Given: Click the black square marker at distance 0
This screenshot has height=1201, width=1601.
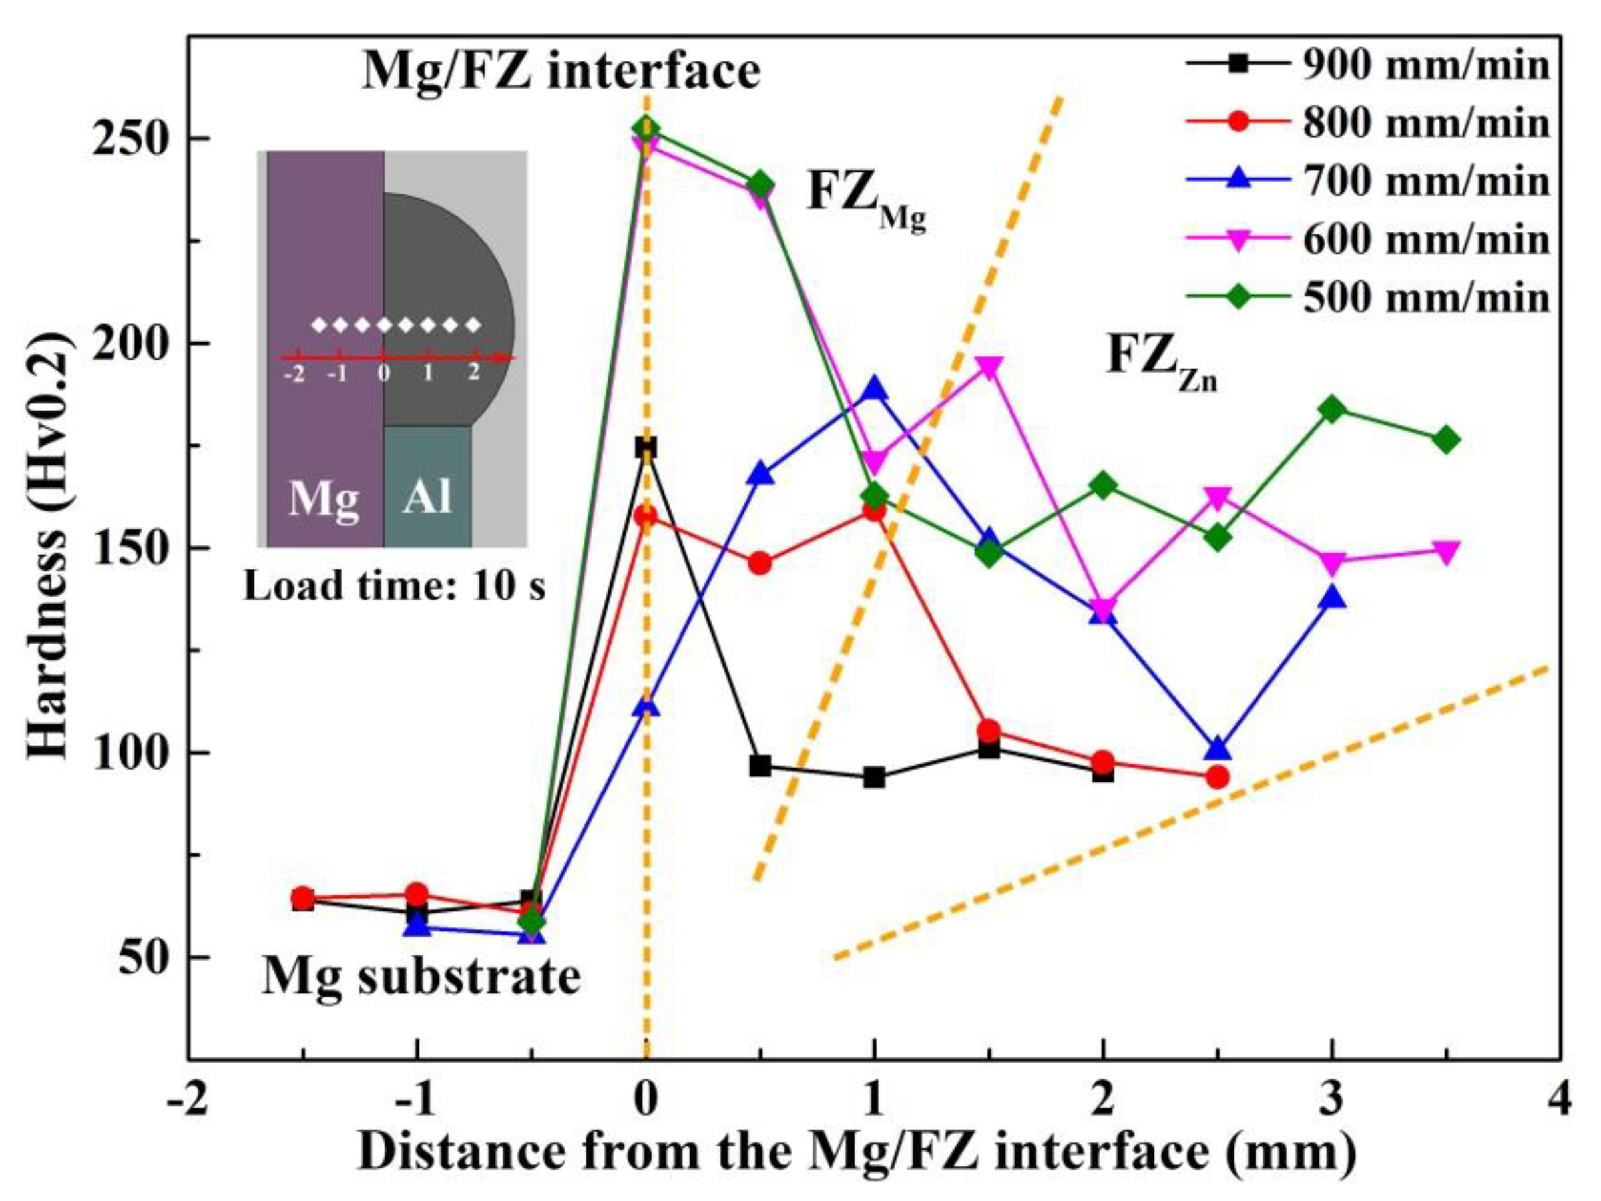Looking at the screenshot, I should click(x=646, y=447).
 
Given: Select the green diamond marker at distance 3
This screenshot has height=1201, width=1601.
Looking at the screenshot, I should click(x=1333, y=409).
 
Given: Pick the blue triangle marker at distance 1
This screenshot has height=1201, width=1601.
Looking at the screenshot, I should click(x=874, y=389).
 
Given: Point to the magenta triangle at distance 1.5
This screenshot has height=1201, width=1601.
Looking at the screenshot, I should click(x=989, y=366).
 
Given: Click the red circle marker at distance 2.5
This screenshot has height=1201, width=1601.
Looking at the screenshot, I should click(x=1218, y=778).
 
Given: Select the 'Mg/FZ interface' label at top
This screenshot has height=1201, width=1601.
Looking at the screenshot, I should click(x=561, y=71).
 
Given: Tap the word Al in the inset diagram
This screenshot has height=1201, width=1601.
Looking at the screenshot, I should click(x=428, y=498).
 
